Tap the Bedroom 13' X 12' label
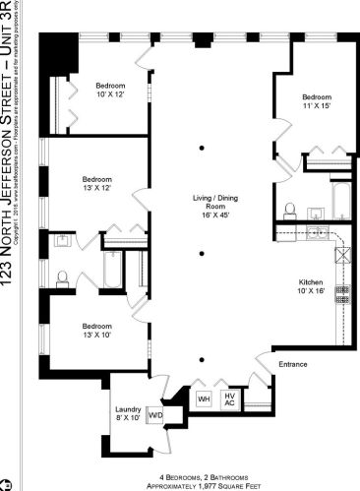[x=96, y=184]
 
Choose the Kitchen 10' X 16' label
[x=311, y=286]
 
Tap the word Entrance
[x=294, y=365]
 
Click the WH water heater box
[x=205, y=399]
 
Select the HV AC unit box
[x=229, y=399]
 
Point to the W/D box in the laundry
[x=154, y=415]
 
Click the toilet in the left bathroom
[x=61, y=277]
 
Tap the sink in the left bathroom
[x=60, y=240]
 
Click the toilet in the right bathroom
[x=290, y=210]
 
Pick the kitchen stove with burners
[x=343, y=292]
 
